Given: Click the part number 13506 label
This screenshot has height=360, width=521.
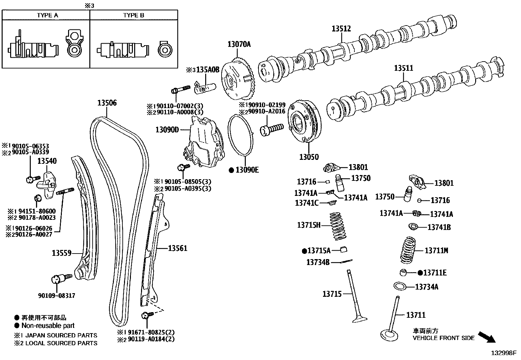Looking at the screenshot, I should pyautogui.click(x=107, y=103).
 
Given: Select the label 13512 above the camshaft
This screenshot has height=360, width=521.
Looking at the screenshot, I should pyautogui.click(x=341, y=29).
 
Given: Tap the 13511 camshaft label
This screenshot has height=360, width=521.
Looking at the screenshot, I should pyautogui.click(x=404, y=68).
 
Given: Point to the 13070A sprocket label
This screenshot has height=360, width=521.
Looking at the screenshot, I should pyautogui.click(x=239, y=44).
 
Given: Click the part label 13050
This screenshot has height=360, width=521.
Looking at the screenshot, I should pyautogui.click(x=309, y=157).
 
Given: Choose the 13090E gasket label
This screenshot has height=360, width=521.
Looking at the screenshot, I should pyautogui.click(x=247, y=170).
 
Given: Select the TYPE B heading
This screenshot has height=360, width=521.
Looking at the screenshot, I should pyautogui.click(x=134, y=15).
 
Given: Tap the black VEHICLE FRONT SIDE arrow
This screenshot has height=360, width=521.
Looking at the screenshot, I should pyautogui.click(x=487, y=337).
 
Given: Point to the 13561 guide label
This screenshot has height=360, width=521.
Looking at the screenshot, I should pyautogui.click(x=178, y=248).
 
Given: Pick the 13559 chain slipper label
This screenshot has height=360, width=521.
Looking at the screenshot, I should pyautogui.click(x=62, y=253).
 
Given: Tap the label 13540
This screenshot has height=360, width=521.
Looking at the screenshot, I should pyautogui.click(x=47, y=161).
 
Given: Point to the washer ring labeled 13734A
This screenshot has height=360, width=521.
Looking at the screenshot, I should pyautogui.click(x=400, y=286).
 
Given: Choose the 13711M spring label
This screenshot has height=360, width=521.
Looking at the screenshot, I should pyautogui.click(x=436, y=251).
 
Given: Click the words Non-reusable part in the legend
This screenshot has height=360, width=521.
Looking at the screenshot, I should pyautogui.click(x=48, y=326).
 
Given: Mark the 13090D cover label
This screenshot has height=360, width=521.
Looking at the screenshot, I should pyautogui.click(x=167, y=130).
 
